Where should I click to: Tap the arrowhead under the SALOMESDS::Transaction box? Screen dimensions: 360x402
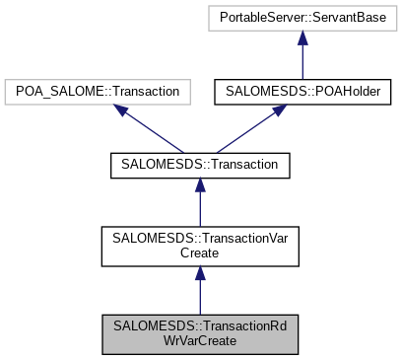pos(200,185)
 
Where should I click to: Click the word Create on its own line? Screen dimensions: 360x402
pos(200,252)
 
